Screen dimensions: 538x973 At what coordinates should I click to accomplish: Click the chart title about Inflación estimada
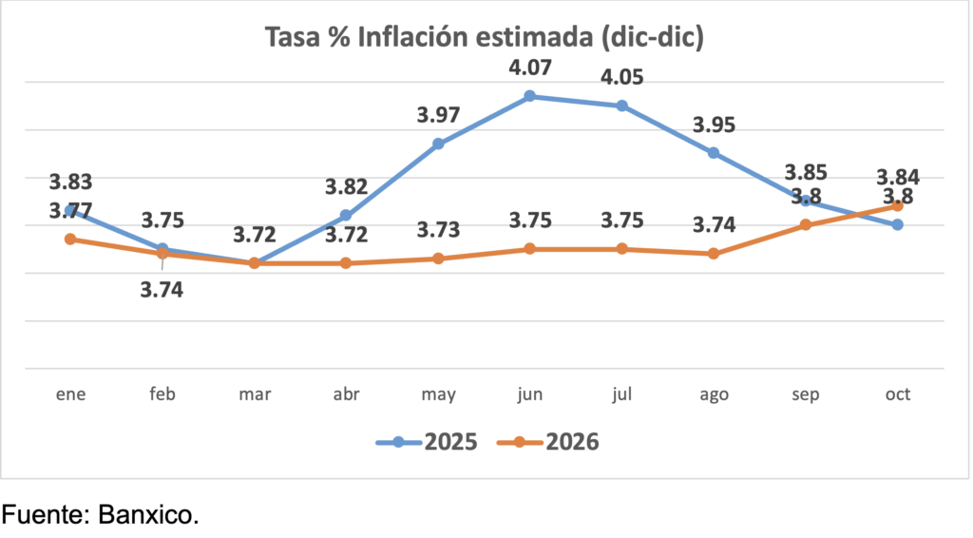(x=485, y=38)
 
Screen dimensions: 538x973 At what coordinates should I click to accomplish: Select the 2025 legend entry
(x=428, y=442)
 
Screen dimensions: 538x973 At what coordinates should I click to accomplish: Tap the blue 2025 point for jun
(x=530, y=96)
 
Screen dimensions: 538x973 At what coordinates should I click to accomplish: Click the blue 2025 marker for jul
(x=621, y=106)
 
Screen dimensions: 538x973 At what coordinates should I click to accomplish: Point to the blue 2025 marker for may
(x=438, y=144)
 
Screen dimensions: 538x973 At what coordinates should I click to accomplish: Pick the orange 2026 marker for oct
(x=897, y=205)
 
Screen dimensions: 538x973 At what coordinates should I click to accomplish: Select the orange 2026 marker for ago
(x=714, y=254)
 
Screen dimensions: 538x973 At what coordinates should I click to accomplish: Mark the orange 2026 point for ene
(x=70, y=239)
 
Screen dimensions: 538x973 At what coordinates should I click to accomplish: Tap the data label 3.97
(x=438, y=116)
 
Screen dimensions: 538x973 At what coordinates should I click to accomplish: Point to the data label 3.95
(x=714, y=125)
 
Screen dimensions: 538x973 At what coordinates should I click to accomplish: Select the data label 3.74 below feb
(x=162, y=291)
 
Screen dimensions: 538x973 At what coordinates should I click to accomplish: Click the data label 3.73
(x=438, y=230)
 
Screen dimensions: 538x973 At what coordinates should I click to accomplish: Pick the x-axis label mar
(x=254, y=394)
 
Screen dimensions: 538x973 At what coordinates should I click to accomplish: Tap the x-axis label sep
(x=805, y=394)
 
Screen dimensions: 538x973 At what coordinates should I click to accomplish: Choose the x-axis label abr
(x=346, y=394)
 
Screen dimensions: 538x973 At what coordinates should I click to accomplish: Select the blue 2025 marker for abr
(x=346, y=216)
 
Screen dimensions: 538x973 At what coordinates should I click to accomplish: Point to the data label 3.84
(x=897, y=177)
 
